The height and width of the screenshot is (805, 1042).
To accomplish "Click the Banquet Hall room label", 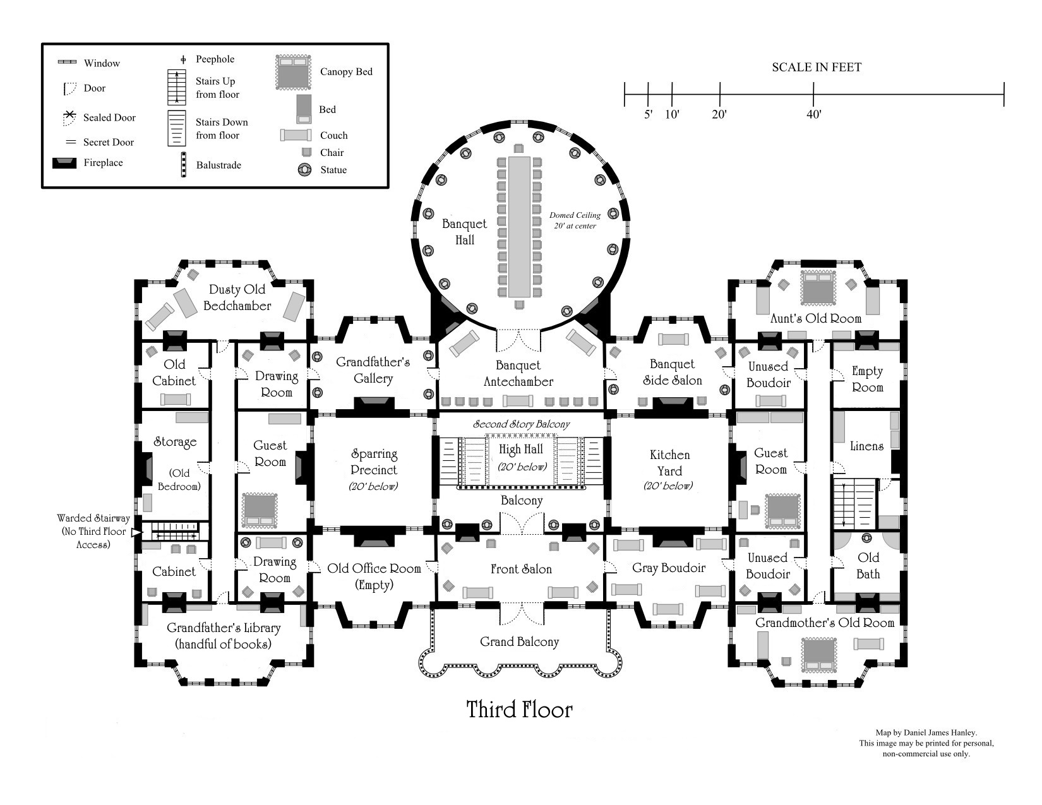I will coord(464,232).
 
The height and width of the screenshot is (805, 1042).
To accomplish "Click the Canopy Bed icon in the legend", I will coord(294,72).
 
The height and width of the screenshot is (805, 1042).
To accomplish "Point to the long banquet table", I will coord(519,227).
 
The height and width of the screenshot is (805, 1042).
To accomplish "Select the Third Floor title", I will coord(519,710).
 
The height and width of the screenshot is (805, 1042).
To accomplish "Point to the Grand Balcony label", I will coord(519,642).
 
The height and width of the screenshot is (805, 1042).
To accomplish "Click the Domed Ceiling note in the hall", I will coord(575,220).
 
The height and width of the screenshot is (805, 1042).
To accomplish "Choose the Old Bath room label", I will coord(868,566).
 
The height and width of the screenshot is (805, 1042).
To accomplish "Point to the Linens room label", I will coord(866,446).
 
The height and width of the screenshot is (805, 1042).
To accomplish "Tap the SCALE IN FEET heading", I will coord(816,68).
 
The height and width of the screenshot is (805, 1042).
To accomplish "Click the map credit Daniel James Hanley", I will coord(926,733).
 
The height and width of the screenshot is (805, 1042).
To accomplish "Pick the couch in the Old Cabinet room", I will coord(175,399).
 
